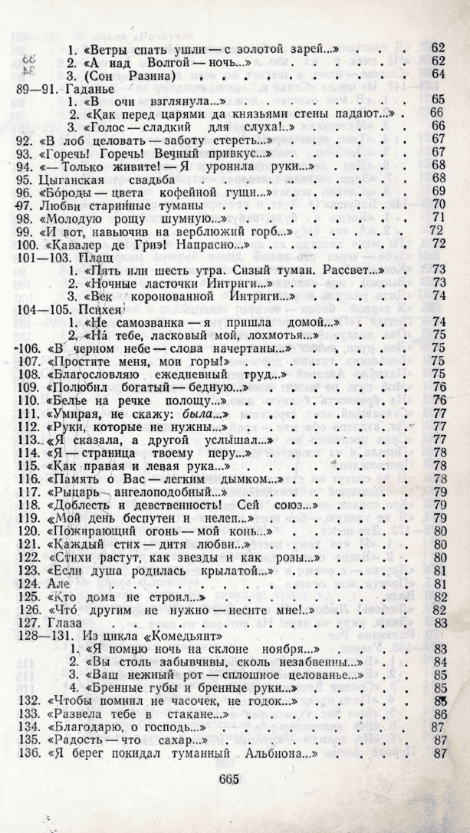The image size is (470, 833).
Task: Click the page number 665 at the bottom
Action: click(x=228, y=779)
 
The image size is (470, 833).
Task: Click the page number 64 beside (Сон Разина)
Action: click(x=439, y=74)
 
